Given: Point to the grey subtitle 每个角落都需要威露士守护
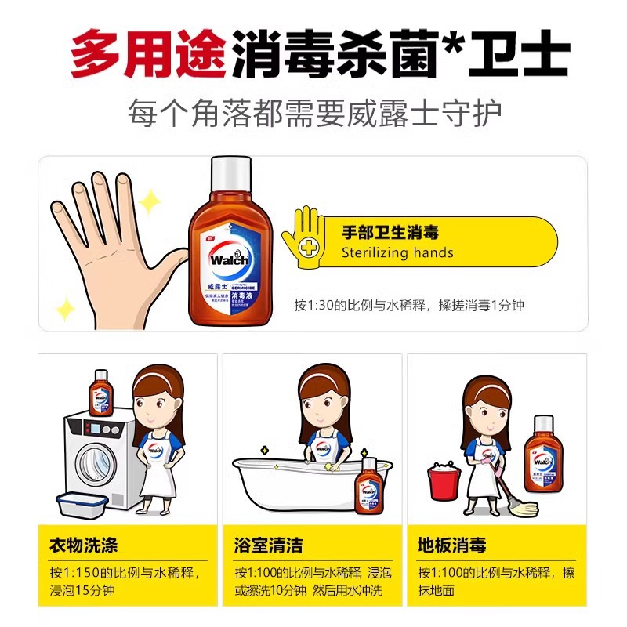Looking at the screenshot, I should point(313,114).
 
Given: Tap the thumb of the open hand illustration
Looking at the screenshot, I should point(166,266).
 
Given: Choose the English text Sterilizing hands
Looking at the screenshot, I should point(397,252).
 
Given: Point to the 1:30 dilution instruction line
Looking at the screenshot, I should point(408,305).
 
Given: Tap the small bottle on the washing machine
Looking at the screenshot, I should point(100,393).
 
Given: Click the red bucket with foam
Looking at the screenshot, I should point(443,480).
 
